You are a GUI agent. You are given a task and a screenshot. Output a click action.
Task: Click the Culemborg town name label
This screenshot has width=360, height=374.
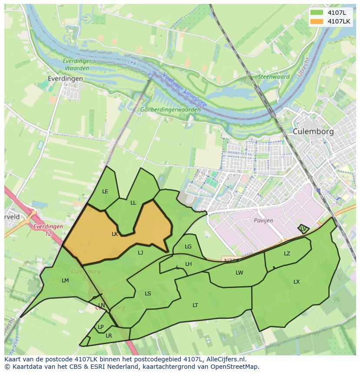pos(313,131)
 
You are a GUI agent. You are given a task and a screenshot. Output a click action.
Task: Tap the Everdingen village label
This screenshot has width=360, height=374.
pos(65,79)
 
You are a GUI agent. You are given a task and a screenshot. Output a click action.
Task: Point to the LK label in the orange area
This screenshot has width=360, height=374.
pos(115,234)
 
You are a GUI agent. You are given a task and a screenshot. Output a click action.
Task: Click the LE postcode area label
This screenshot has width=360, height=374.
pos(105,191)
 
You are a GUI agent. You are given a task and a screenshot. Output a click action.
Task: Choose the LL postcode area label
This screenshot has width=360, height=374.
pos(133,202)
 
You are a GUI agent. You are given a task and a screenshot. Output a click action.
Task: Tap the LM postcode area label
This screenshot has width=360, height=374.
pos(65,280)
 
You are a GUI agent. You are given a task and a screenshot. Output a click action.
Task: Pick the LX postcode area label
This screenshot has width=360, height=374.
pos(297,281)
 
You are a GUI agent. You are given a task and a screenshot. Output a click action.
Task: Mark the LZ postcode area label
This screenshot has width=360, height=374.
pos(287,253)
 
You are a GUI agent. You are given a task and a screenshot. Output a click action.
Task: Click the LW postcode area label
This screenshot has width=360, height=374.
pos(239,272)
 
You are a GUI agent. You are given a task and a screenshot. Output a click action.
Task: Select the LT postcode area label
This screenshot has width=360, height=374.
pos(195,305)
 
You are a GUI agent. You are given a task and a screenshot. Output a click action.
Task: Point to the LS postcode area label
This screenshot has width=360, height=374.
pos(148,293)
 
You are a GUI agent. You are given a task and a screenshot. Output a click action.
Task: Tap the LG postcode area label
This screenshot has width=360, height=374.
pos(188,246)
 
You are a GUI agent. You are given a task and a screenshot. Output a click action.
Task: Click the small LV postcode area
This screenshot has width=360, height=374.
pos(303,228)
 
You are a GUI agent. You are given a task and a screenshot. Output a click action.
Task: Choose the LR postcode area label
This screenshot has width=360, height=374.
pos(109,335)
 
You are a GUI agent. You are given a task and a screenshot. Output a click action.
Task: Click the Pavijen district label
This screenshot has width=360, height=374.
pos(263,220)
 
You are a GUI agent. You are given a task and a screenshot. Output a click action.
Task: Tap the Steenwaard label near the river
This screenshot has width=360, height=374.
pos(274,77)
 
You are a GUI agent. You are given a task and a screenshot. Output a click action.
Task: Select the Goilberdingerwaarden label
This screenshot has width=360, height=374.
pos(170,109)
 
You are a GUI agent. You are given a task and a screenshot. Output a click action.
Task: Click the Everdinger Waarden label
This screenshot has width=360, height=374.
pos(77,64)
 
